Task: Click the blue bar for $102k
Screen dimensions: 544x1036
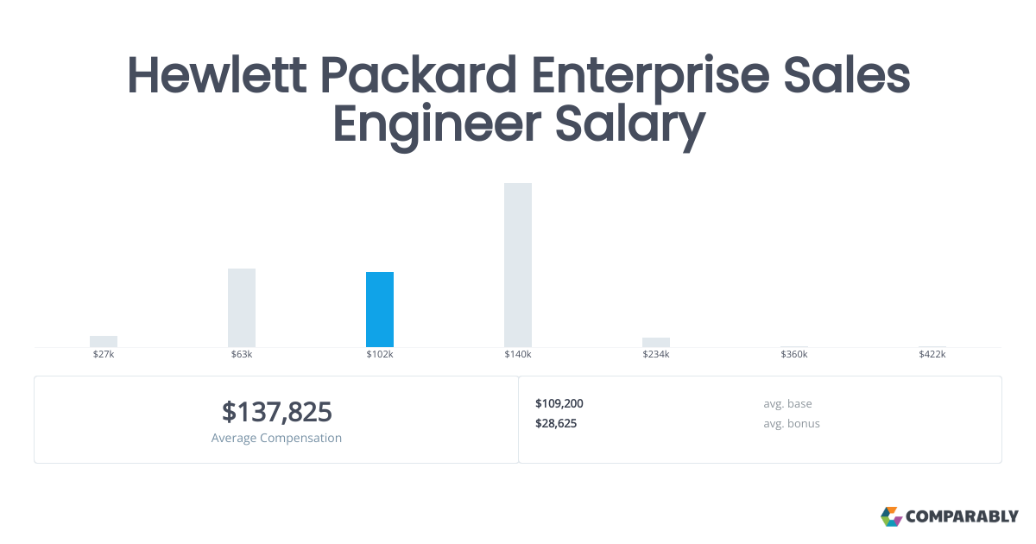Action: [x=380, y=309]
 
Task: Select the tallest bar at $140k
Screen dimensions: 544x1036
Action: [x=518, y=264]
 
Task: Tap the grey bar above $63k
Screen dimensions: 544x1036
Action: [x=242, y=307]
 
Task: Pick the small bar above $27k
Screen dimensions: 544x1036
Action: [x=104, y=341]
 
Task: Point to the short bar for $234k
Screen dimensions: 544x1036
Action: [x=656, y=342]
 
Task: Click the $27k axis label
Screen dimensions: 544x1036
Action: [x=104, y=355]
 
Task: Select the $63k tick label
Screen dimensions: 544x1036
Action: [x=242, y=355]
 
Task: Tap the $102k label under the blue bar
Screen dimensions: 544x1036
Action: [x=380, y=355]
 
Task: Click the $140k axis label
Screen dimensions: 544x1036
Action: [x=518, y=355]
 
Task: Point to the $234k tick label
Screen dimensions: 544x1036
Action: [x=656, y=355]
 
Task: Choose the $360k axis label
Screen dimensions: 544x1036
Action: [x=794, y=355]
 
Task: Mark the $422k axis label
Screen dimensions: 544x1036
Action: [x=932, y=355]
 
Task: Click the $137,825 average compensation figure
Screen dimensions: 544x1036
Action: [x=276, y=412]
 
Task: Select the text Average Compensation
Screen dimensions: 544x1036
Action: [x=276, y=438]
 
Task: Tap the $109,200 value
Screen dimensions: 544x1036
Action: [x=559, y=403]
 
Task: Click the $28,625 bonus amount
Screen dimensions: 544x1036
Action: [x=556, y=424]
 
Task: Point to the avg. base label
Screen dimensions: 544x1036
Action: [x=787, y=403]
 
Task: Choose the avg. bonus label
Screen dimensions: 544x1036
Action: [x=791, y=424]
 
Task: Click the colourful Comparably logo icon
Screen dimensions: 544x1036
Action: [x=891, y=516]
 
